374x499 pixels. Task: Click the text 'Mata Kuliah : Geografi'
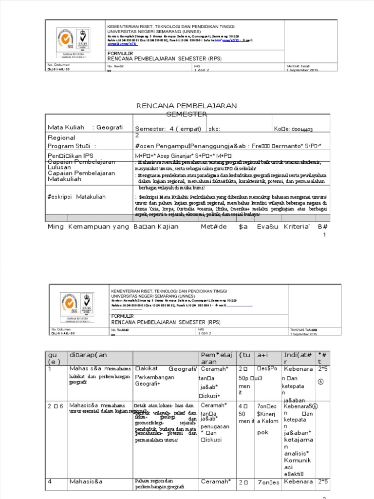point(85,128)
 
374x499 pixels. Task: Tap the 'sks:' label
point(214,129)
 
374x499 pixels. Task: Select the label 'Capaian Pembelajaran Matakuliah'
point(81,176)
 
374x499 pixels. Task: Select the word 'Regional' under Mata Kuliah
point(61,138)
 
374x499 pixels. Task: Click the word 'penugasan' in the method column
point(215,426)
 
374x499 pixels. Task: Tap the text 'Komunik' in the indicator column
point(297,460)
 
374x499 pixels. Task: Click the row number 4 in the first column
point(50,482)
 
